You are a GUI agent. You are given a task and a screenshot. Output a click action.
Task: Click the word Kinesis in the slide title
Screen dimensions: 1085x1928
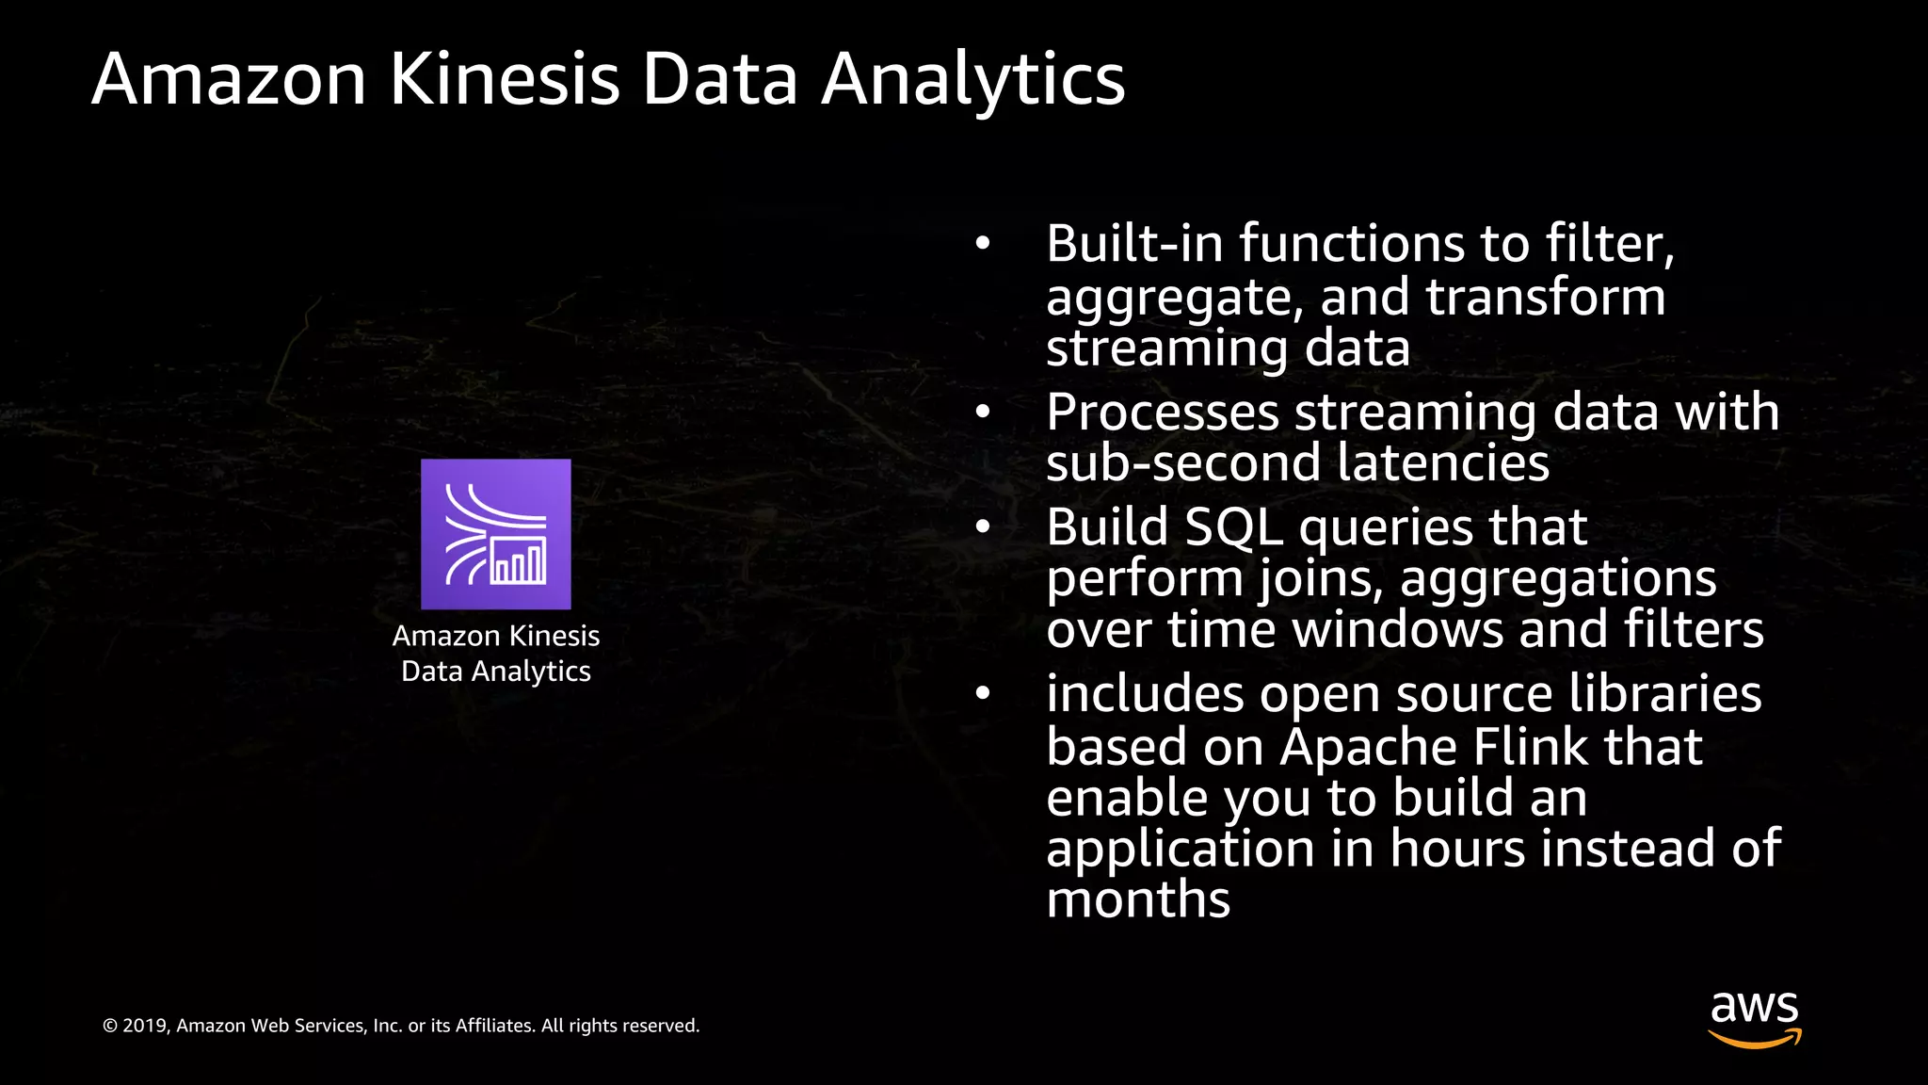tap(505, 79)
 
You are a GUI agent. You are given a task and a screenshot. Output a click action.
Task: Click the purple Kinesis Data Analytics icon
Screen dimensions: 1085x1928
tap(495, 534)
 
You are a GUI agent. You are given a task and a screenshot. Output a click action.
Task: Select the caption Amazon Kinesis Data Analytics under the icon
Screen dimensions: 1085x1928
tap(496, 653)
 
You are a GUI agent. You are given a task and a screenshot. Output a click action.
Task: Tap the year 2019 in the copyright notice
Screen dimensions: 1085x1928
tap(145, 1026)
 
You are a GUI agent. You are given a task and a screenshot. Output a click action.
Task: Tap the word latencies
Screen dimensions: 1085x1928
tap(1442, 463)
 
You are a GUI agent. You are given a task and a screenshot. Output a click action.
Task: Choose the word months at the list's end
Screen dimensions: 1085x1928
tap(1138, 900)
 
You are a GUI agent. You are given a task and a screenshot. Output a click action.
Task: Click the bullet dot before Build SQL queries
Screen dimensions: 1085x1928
tap(983, 527)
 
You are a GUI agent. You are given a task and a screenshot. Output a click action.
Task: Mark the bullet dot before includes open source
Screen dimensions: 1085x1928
tap(983, 694)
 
